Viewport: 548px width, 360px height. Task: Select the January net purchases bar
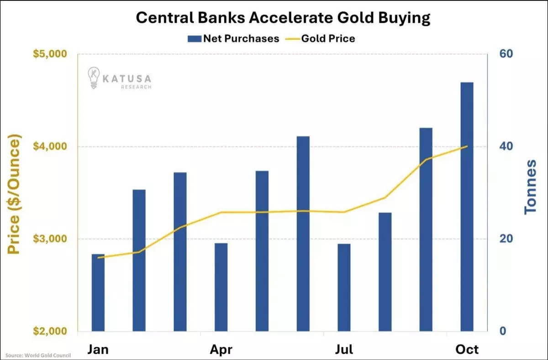coord(98,292)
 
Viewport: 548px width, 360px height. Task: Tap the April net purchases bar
coord(221,287)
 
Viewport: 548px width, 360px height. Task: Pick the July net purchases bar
coord(344,287)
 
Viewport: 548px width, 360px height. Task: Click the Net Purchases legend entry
coord(233,38)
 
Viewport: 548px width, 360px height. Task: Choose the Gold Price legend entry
coord(321,38)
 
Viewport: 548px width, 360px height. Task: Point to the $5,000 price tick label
coord(50,54)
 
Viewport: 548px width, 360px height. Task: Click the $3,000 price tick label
coord(50,239)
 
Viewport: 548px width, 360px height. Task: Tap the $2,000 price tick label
coord(50,331)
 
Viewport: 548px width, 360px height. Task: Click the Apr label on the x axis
coord(221,350)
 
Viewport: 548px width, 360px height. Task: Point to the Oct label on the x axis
coord(467,350)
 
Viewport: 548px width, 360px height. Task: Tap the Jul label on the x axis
coord(344,350)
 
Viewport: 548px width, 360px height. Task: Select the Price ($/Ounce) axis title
coord(15,194)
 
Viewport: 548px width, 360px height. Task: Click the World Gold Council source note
coord(35,355)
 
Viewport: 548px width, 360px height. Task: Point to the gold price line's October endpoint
coord(467,146)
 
